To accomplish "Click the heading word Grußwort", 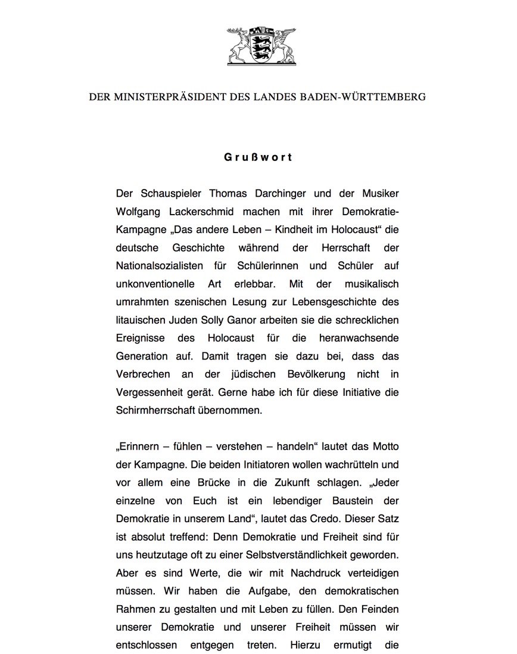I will coord(258,157).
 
